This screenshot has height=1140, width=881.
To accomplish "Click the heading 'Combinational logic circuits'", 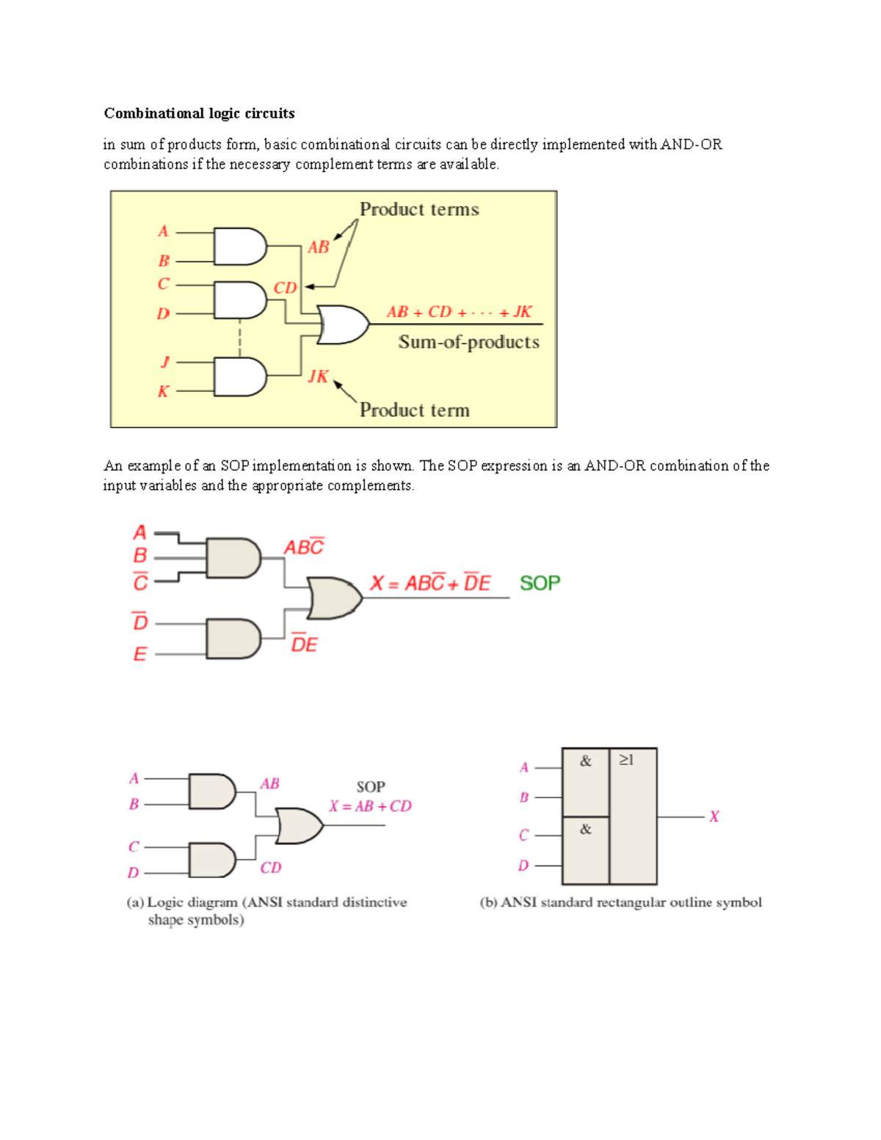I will [199, 113].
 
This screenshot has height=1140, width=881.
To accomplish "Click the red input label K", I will [163, 391].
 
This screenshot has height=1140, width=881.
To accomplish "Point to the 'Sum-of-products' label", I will [468, 342].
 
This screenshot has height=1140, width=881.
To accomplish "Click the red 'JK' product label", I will [318, 377].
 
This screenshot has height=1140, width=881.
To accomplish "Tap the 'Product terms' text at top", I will [419, 210].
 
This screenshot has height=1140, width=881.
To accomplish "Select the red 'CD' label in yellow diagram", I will [285, 288].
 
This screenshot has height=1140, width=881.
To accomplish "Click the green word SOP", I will [540, 584].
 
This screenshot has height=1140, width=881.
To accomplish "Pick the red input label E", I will [140, 653].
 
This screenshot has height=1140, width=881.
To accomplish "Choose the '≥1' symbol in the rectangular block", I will [626, 760].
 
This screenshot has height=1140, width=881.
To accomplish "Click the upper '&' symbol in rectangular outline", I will [585, 761].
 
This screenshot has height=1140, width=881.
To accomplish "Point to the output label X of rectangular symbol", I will [714, 816].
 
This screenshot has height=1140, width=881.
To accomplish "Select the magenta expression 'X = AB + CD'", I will [370, 806].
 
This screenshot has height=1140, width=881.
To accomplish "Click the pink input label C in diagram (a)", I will [134, 846].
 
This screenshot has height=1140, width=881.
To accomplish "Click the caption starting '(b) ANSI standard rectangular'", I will [620, 902].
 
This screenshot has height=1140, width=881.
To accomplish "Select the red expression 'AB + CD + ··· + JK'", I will [459, 312].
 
